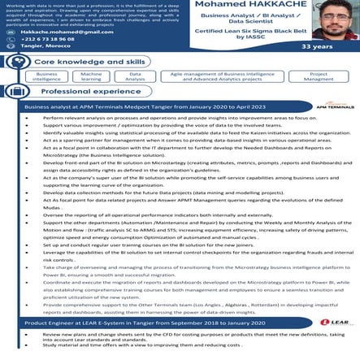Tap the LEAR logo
333,323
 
